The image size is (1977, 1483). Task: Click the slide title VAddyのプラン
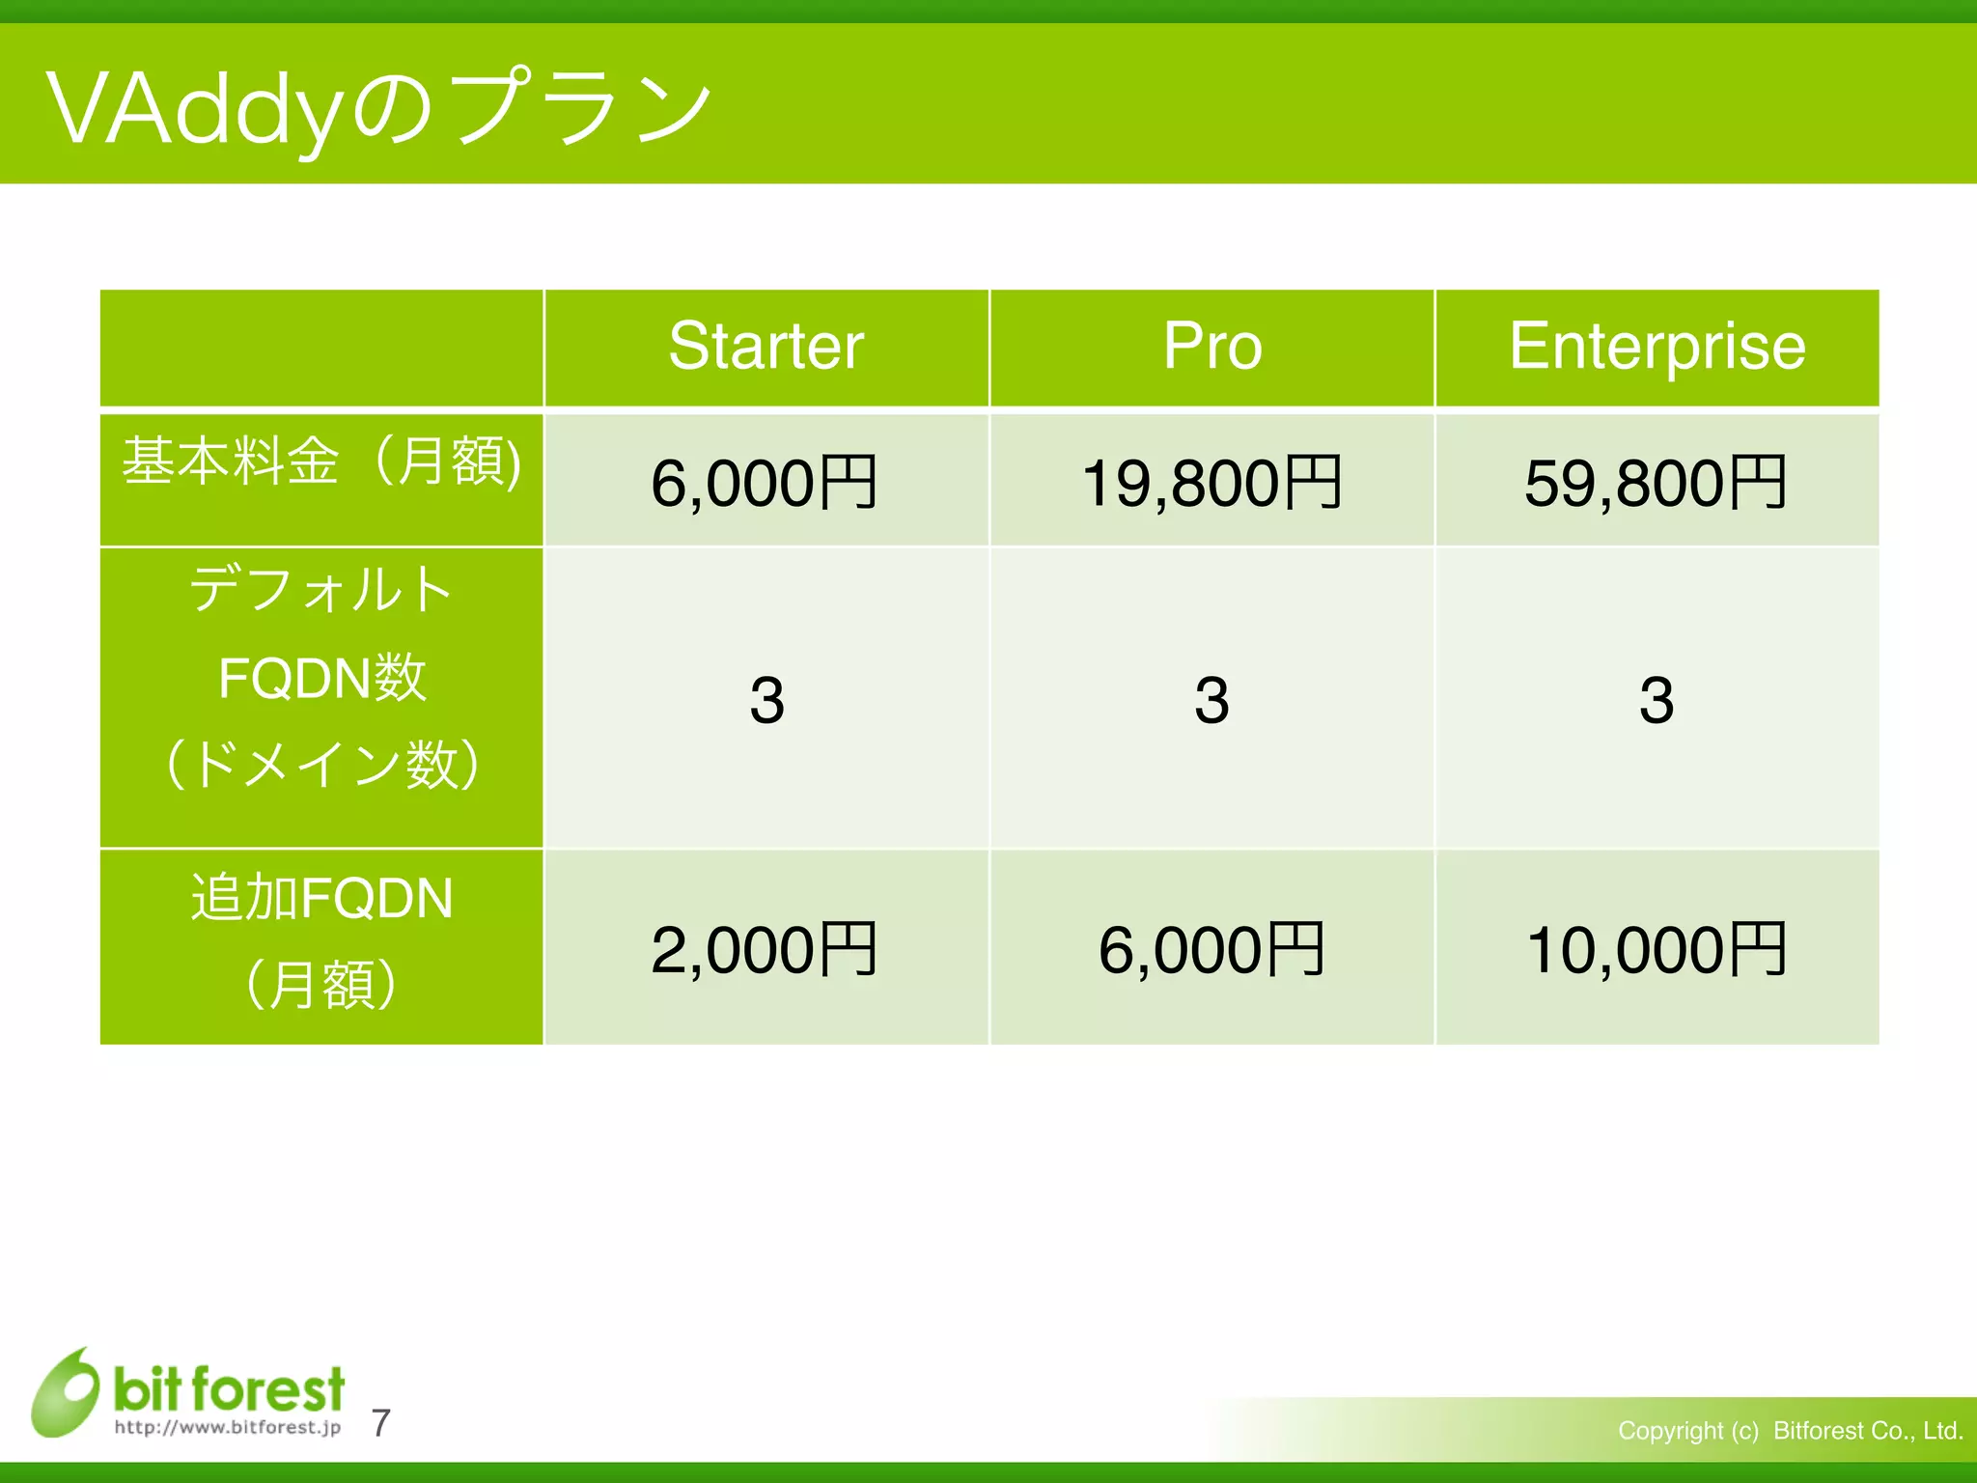click(378, 108)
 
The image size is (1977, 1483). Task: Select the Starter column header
click(766, 347)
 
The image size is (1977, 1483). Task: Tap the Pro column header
click(1211, 347)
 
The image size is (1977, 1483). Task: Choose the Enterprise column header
click(1657, 347)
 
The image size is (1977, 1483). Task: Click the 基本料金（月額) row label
click(321, 462)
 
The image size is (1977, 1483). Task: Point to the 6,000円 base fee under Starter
click(764, 483)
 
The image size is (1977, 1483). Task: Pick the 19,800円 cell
click(1211, 483)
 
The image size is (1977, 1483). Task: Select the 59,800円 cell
click(1656, 483)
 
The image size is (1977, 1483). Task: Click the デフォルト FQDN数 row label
click(321, 676)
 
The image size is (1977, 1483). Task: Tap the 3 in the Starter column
click(766, 700)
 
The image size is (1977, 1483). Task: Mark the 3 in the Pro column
click(1211, 700)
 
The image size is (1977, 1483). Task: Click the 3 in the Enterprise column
click(1657, 700)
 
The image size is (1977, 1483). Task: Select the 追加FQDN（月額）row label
click(321, 941)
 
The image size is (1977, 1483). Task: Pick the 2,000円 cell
click(764, 950)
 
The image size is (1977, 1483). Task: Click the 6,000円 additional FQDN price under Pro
click(1211, 950)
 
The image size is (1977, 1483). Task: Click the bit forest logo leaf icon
click(66, 1392)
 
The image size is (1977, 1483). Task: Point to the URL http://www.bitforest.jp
click(228, 1428)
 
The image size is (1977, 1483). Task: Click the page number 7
click(380, 1423)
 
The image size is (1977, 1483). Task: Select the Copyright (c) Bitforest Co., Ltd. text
click(1790, 1430)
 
